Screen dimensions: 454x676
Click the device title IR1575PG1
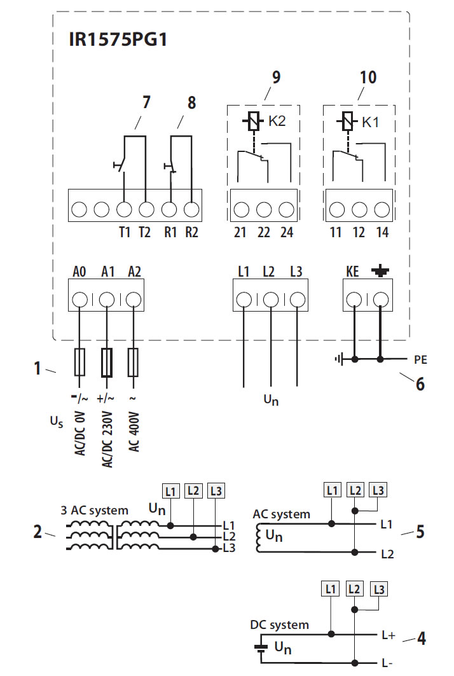[118, 39]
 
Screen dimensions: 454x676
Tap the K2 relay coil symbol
[254, 121]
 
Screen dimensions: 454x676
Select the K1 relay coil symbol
[348, 121]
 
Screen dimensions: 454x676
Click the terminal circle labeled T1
[124, 209]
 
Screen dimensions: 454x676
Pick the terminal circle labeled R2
[191, 209]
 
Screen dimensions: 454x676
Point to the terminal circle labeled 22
[264, 210]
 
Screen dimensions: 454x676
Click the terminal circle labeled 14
[382, 210]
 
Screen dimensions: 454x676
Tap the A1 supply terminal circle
[107, 299]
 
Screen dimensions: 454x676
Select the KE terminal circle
[354, 299]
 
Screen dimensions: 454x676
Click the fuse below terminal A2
[134, 362]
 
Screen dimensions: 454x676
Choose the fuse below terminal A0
[79, 362]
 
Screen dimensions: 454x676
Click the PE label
[420, 359]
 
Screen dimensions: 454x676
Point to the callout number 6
[420, 383]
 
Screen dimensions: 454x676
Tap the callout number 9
[276, 77]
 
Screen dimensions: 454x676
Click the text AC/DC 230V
[107, 439]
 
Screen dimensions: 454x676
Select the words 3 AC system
[94, 511]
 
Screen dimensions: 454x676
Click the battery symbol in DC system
[260, 649]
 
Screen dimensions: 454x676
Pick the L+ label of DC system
[388, 635]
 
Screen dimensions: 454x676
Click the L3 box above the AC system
[378, 490]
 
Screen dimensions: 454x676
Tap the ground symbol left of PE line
[340, 359]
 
